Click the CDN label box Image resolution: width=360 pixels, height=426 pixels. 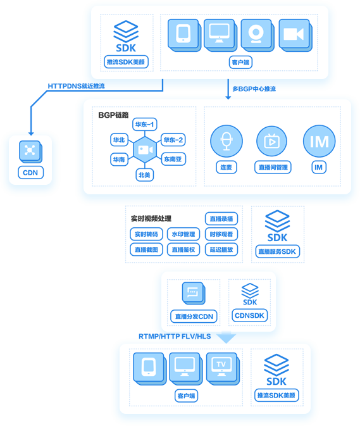pos(30,173)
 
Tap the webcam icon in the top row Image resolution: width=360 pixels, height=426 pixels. pos(257,35)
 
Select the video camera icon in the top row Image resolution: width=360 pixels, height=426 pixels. pos(295,35)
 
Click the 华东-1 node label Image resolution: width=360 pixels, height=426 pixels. pos(145,125)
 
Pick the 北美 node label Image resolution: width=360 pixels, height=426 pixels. pos(144,175)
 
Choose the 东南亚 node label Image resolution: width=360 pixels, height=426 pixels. pos(173,160)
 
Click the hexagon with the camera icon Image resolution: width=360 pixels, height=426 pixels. pos(146,149)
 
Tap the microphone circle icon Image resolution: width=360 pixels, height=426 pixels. pos(227,141)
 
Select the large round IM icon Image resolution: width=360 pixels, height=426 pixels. pos(320,141)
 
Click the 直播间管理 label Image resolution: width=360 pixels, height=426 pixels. pos(273,167)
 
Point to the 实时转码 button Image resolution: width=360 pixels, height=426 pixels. pos(146,234)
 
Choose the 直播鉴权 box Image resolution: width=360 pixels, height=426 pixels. pos(183,249)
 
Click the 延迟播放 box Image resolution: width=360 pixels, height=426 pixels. pos(221,249)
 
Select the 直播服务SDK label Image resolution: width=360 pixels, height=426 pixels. pos(278,251)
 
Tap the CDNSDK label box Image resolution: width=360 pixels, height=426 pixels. pos(250,316)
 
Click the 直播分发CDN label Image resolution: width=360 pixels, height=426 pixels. pos(194,316)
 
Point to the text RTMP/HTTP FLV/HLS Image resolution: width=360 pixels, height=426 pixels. pos(175,337)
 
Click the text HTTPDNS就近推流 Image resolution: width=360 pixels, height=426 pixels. pos(77,86)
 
